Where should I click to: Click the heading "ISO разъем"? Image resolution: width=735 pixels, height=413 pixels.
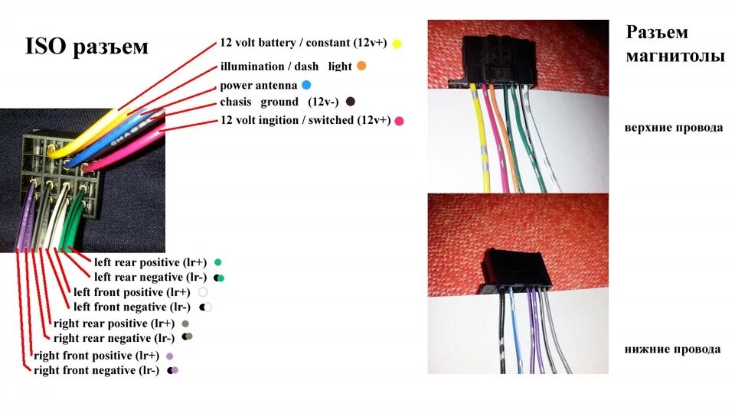pyautogui.click(x=87, y=47)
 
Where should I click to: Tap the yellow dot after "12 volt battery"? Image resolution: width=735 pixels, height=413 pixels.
pyautogui.click(x=397, y=44)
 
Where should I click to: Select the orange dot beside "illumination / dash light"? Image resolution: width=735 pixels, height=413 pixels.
pyautogui.click(x=361, y=66)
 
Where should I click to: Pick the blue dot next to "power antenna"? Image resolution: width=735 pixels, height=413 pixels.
pyautogui.click(x=306, y=85)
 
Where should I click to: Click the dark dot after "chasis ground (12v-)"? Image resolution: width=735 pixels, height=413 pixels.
pyautogui.click(x=351, y=101)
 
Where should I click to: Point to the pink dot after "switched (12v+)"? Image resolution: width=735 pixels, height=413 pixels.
pyautogui.click(x=399, y=121)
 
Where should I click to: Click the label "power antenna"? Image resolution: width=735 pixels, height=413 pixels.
pyautogui.click(x=258, y=86)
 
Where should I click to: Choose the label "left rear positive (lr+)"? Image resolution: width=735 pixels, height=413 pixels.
pyautogui.click(x=150, y=262)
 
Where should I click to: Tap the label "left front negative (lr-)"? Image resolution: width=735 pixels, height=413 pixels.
pyautogui.click(x=132, y=307)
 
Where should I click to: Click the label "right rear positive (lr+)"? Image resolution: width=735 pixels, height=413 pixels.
pyautogui.click(x=113, y=324)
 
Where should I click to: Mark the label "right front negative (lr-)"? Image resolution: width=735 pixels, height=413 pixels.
pyautogui.click(x=96, y=371)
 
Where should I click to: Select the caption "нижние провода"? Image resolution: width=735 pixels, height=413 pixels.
pyautogui.click(x=672, y=350)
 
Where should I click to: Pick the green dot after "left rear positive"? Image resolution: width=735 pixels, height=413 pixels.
pyautogui.click(x=218, y=262)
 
